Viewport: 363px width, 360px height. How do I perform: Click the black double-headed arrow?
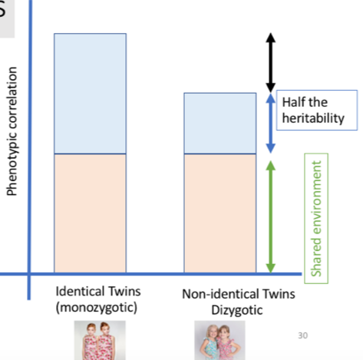point(269,62)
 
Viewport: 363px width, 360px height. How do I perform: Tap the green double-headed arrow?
point(269,216)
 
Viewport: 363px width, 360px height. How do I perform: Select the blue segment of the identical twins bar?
point(90,94)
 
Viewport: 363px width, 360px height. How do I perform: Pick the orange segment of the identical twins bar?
point(90,213)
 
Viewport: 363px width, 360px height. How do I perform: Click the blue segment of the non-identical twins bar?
point(219,124)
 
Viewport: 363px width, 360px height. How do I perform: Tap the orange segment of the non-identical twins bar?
point(219,213)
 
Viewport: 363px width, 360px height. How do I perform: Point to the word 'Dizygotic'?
point(239,309)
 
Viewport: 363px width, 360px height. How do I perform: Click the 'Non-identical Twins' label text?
point(239,295)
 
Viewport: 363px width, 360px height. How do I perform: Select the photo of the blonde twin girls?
point(216,342)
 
